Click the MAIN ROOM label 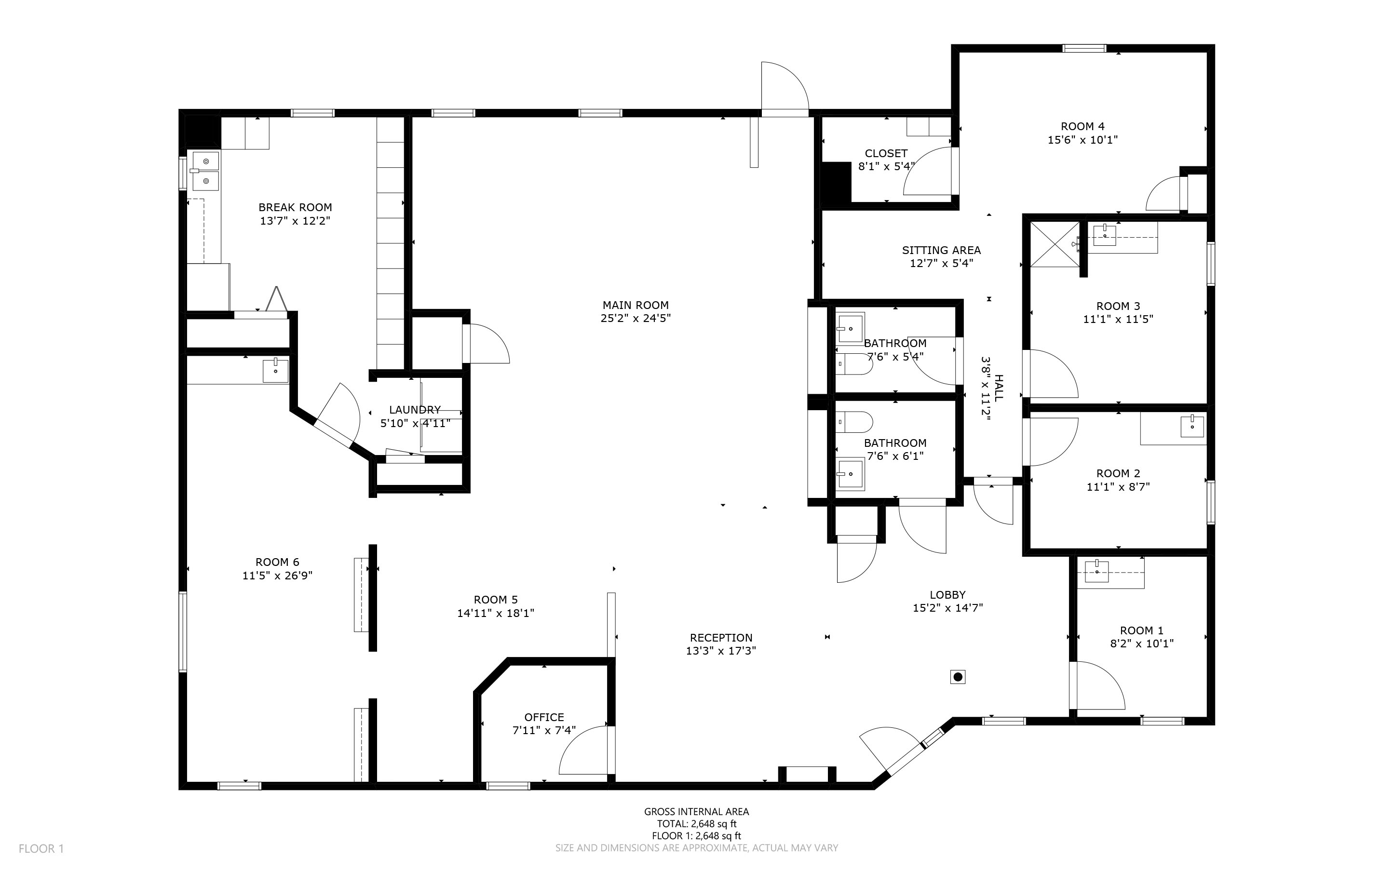(x=635, y=305)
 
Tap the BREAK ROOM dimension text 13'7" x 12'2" (x=295, y=221)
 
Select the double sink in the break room (x=205, y=171)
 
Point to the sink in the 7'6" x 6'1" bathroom (x=850, y=473)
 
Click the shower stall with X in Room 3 (x=1055, y=244)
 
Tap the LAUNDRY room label (x=414, y=410)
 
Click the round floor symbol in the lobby (x=958, y=677)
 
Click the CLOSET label (x=886, y=153)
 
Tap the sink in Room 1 (x=1096, y=572)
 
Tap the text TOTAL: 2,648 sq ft (x=696, y=824)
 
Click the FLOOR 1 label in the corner (x=41, y=848)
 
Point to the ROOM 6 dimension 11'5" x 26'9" (x=277, y=576)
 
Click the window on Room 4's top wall (x=1084, y=48)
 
